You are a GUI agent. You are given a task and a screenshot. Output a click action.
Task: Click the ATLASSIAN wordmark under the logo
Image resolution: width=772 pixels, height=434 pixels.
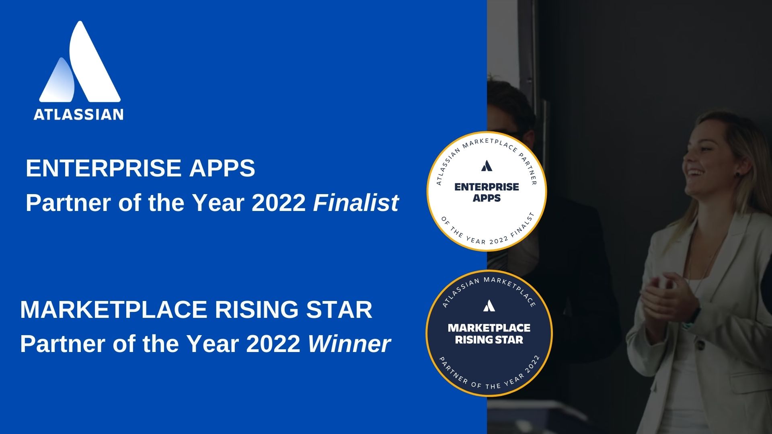[78, 115]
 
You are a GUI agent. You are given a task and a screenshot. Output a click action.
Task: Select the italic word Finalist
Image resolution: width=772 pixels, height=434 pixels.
[356, 203]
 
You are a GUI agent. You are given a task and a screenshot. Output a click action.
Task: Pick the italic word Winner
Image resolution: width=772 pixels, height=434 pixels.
[349, 344]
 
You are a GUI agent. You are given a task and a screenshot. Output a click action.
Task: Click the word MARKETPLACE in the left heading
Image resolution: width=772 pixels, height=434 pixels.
[114, 309]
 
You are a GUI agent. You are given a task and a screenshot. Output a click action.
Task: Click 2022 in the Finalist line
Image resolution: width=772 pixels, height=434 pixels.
[279, 203]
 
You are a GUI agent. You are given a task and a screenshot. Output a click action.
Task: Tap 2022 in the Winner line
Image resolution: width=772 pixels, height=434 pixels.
[273, 344]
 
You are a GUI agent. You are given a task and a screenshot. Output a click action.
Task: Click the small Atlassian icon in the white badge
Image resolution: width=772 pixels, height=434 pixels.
[487, 166]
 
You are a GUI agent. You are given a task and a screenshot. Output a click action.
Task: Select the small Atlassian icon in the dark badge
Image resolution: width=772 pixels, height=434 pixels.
[489, 306]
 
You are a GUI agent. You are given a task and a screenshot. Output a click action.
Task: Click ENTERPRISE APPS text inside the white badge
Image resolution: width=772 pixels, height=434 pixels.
[487, 192]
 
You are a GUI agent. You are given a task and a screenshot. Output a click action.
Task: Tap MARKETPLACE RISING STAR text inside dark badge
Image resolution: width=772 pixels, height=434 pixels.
[489, 334]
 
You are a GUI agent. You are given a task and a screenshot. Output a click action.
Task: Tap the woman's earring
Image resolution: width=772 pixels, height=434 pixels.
[738, 174]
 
